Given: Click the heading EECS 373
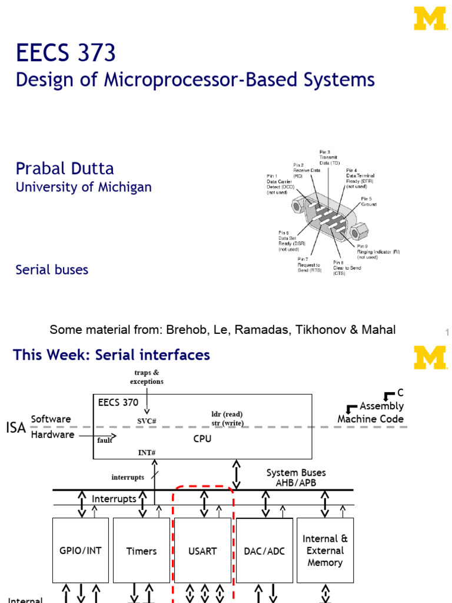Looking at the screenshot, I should point(66,54).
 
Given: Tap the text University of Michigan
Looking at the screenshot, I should point(84,187).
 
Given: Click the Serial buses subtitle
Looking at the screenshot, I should point(52,270).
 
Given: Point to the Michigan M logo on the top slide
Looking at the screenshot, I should point(430,18).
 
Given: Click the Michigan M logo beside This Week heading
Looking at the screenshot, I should point(430,357).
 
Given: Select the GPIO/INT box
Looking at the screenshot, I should point(81,551).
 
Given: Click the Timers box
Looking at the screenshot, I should point(141,551).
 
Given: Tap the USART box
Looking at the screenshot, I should point(203,551).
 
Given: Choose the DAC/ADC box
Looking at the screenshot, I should point(264,551).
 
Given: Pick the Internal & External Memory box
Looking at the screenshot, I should point(325,551).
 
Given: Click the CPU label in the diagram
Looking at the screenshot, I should point(202,438).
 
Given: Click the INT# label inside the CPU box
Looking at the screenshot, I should point(147,452).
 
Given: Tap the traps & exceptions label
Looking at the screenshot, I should point(147,377).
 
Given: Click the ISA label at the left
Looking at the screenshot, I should point(16,428).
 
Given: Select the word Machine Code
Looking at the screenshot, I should point(370,419).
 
